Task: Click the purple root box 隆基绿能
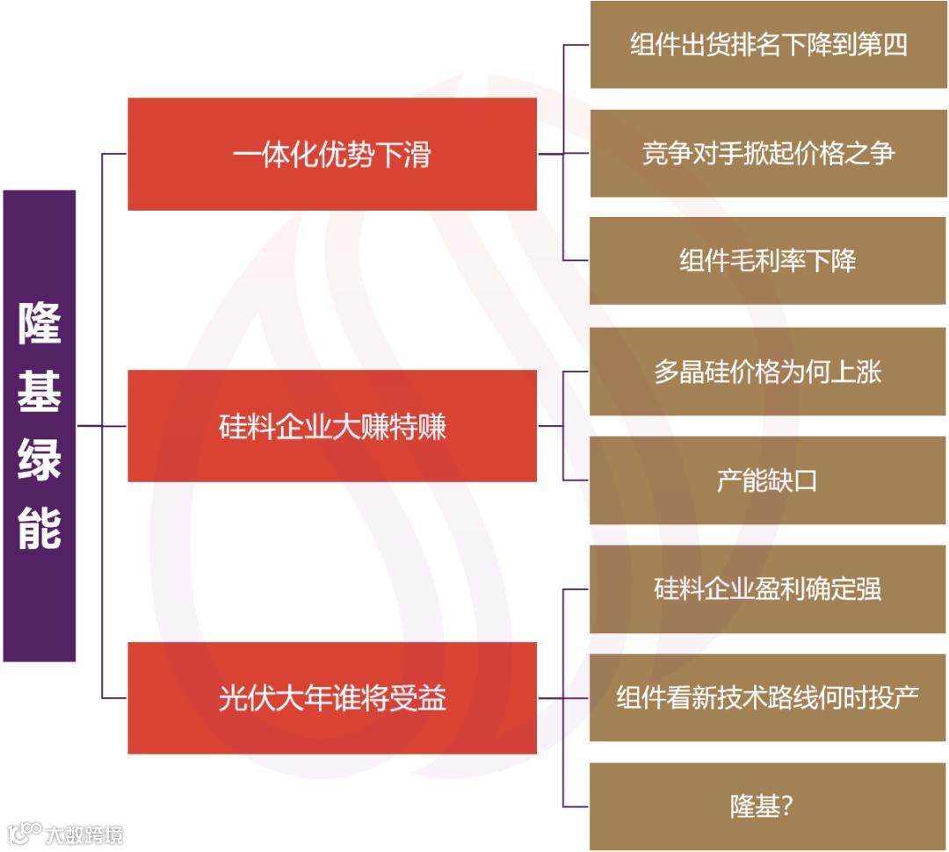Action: tap(40, 426)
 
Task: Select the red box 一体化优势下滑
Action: tap(332, 155)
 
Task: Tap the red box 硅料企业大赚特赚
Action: tap(332, 426)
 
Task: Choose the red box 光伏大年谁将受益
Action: tap(332, 698)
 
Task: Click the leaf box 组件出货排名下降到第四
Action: tap(767, 45)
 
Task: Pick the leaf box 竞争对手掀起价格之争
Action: tap(767, 154)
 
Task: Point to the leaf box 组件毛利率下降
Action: tap(767, 261)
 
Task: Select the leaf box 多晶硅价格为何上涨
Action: tap(767, 372)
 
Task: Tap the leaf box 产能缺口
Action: tap(767, 480)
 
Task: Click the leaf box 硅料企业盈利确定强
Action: tap(767, 589)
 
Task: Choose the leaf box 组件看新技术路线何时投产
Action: tap(767, 698)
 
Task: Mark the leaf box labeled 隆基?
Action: tap(767, 806)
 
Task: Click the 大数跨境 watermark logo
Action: tap(66, 833)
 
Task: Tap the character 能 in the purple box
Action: tap(40, 529)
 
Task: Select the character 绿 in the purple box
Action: tap(40, 460)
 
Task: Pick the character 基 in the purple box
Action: tap(40, 392)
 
